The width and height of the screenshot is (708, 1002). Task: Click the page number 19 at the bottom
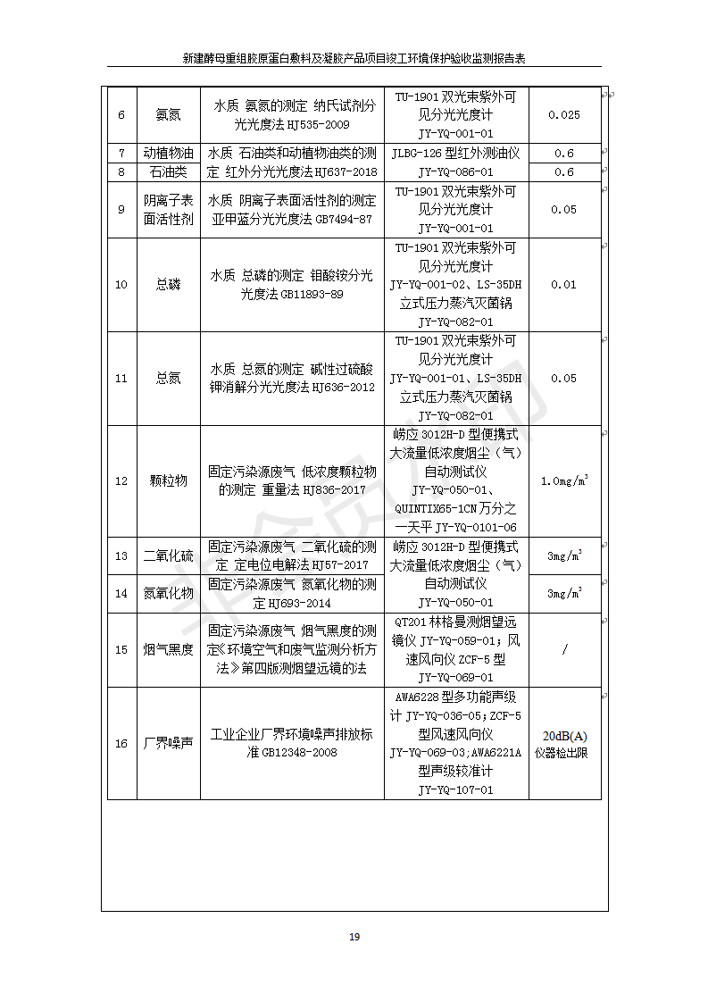point(354,937)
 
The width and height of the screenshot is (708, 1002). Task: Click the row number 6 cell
point(121,114)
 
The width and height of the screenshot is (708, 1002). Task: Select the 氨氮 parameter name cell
point(168,114)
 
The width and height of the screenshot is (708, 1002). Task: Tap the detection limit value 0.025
point(563,114)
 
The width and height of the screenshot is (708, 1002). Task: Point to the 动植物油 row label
point(168,153)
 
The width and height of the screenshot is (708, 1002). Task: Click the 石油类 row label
point(168,171)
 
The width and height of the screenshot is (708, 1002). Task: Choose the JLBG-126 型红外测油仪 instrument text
point(455,153)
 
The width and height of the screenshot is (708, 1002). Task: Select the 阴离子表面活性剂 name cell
point(168,210)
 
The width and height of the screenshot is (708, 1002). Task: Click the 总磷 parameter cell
point(168,285)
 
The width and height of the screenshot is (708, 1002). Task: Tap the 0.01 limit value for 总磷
point(563,285)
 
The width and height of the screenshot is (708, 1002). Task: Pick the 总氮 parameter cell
point(168,379)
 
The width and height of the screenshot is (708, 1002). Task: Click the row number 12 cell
point(121,480)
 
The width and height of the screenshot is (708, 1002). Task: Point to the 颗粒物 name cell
point(168,480)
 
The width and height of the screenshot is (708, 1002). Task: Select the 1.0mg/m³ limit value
point(563,480)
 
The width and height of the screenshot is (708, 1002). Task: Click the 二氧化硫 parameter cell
point(168,555)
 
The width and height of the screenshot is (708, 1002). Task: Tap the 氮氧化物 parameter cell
point(168,593)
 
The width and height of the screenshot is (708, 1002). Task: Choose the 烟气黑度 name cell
point(168,649)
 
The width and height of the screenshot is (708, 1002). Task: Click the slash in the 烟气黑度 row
point(564,649)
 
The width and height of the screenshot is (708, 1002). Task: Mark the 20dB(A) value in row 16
point(564,736)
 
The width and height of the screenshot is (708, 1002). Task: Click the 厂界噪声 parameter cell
point(168,743)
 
